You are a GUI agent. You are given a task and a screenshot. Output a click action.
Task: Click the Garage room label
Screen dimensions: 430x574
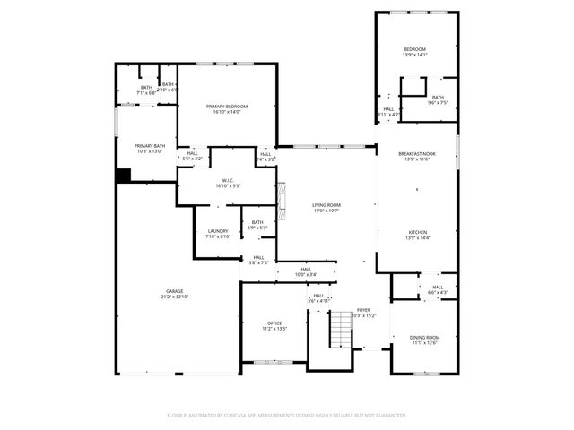175,293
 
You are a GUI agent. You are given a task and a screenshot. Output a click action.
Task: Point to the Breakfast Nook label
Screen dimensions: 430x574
417,156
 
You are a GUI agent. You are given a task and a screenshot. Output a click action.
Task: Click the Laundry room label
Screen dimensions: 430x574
218,234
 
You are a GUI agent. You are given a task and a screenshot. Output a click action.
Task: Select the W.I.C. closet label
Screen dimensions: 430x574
229,183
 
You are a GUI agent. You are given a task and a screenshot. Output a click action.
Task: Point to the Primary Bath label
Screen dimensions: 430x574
150,148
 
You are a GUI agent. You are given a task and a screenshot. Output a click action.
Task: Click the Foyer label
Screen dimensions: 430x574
363,311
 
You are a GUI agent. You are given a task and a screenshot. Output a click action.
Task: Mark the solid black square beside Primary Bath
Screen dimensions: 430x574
123,176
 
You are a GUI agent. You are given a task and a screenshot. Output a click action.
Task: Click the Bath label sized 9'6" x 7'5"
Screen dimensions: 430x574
438,99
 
